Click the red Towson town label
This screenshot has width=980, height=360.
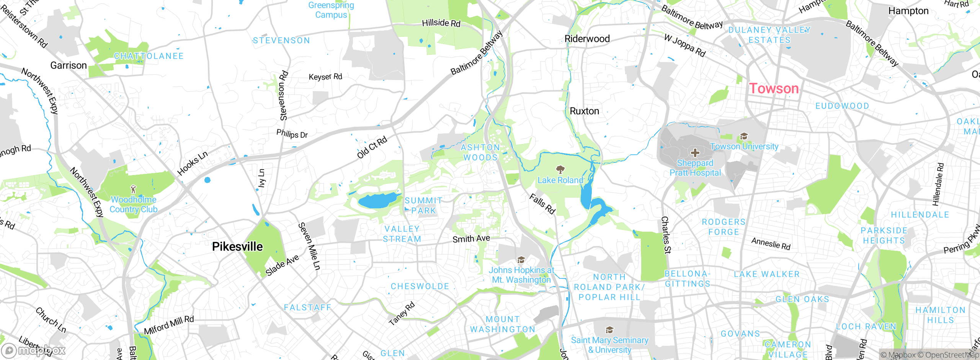774,89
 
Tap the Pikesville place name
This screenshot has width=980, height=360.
237,247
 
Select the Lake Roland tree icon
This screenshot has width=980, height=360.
560,169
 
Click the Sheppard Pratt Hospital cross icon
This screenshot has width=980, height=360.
695,153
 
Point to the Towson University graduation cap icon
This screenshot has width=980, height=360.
744,136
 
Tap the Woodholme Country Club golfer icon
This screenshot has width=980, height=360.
133,189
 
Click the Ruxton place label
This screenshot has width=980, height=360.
584,111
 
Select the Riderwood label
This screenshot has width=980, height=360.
587,39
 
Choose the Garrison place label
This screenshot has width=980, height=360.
69,65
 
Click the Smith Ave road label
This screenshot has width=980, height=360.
471,239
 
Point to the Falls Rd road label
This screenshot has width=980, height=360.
542,204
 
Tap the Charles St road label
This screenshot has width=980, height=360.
666,235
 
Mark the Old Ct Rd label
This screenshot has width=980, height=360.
372,147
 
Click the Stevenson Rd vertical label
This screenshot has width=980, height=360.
283,96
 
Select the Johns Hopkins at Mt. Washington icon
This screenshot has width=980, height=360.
521,260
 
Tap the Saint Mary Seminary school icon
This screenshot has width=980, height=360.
609,330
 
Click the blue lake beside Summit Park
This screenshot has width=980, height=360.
377,201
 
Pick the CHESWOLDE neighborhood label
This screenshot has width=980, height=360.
420,286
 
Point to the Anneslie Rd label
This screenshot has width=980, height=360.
771,244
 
